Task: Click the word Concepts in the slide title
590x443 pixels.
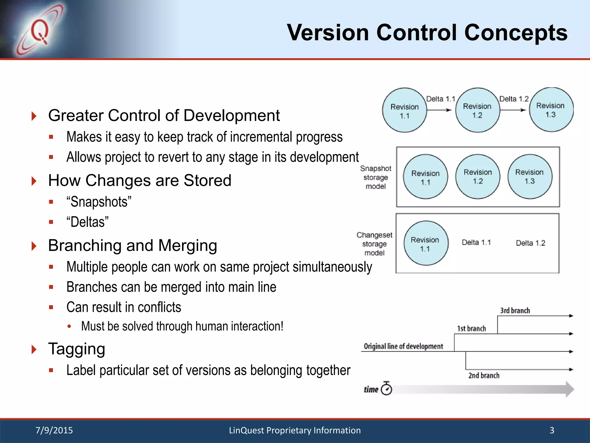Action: [x=516, y=33]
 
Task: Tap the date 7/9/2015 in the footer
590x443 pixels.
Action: [x=54, y=430]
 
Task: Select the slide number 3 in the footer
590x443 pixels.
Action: [x=552, y=430]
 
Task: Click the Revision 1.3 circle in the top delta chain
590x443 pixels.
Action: [x=551, y=110]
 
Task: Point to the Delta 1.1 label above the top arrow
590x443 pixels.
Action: [x=440, y=99]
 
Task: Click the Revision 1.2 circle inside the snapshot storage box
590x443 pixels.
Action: [x=478, y=177]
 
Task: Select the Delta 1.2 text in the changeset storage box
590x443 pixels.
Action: [x=530, y=243]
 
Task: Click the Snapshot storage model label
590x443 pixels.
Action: [x=376, y=177]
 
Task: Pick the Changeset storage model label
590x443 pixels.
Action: [x=374, y=244]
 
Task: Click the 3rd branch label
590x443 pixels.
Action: [x=515, y=311]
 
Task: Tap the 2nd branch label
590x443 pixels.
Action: [x=484, y=376]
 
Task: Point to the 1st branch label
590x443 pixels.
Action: [x=471, y=329]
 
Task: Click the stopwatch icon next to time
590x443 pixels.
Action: [x=386, y=389]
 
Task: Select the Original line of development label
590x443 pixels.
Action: [x=403, y=346]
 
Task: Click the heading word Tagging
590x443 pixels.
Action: [x=77, y=349]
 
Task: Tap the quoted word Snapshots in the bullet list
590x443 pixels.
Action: [x=99, y=202]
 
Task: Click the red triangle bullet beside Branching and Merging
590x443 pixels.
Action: [x=34, y=246]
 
